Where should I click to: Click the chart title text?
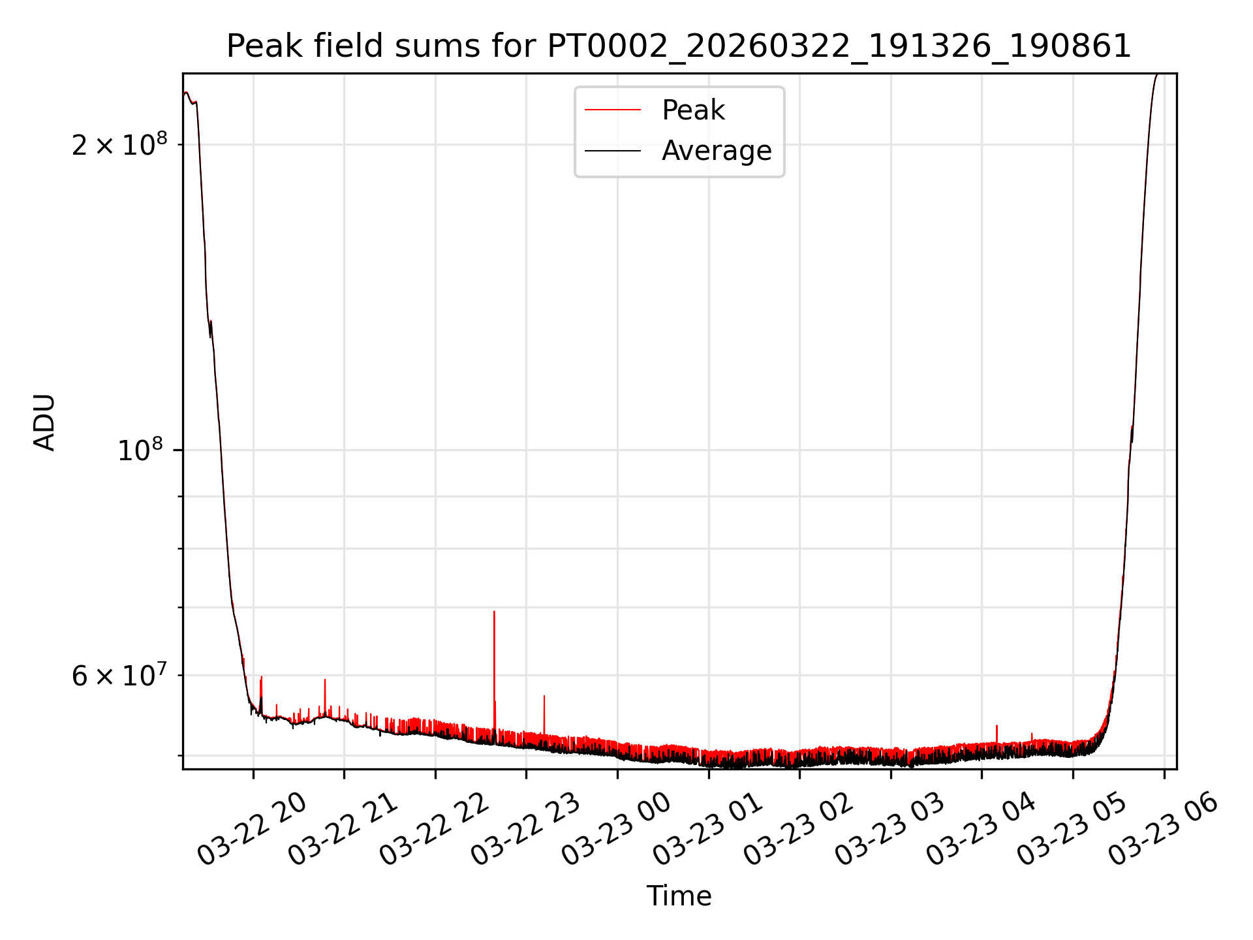point(679,46)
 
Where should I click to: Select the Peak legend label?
point(693,110)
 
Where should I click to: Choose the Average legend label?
point(717,151)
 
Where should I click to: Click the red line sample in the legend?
point(612,110)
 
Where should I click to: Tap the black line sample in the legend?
point(612,151)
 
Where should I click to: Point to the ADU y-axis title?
point(44,422)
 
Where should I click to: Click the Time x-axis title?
point(679,896)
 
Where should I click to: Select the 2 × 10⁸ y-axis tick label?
point(119,144)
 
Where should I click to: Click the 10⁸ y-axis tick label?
point(142,450)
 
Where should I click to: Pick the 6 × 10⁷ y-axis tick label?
point(119,676)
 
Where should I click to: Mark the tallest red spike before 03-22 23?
point(494,614)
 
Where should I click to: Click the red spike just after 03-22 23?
point(544,698)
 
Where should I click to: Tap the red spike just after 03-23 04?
point(997,727)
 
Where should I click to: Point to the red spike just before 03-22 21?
point(325,682)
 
